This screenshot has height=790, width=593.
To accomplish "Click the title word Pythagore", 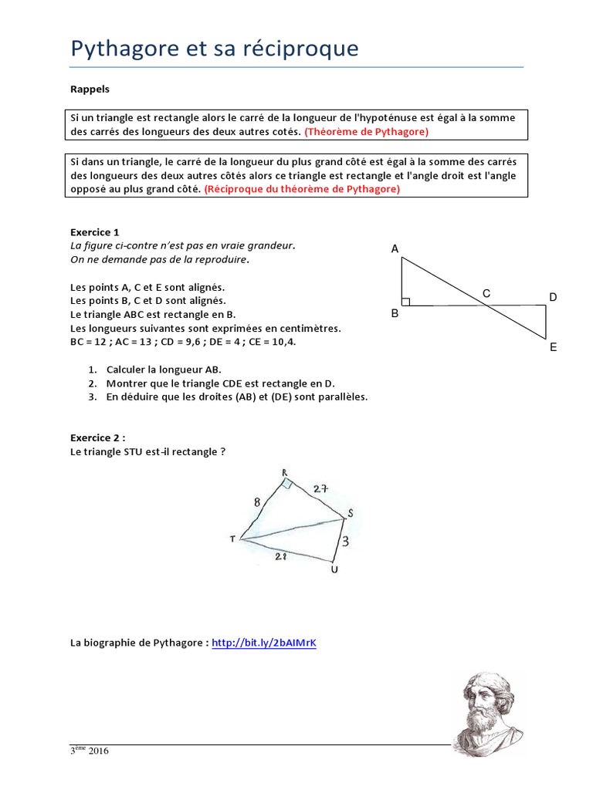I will [130, 49].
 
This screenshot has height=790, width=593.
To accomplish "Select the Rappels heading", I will [90, 89].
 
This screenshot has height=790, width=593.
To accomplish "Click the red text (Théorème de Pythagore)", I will [367, 132].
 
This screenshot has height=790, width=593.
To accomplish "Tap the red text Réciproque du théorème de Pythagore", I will [302, 188].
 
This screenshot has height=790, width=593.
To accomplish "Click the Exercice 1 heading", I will [95, 231].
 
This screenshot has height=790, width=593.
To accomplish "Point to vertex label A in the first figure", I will [395, 248].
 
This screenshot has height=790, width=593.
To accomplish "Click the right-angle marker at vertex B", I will [406, 302].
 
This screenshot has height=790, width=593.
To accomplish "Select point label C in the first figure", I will [486, 293].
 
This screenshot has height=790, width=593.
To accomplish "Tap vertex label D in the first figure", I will [553, 297].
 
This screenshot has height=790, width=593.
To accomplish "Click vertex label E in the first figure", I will [553, 347].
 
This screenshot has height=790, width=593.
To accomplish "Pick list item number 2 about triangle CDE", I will [221, 383].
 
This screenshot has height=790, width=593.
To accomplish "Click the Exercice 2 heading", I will [97, 437].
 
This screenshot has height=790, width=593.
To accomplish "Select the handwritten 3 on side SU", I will [345, 542].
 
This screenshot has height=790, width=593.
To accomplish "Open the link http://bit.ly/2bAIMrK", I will [264, 643].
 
